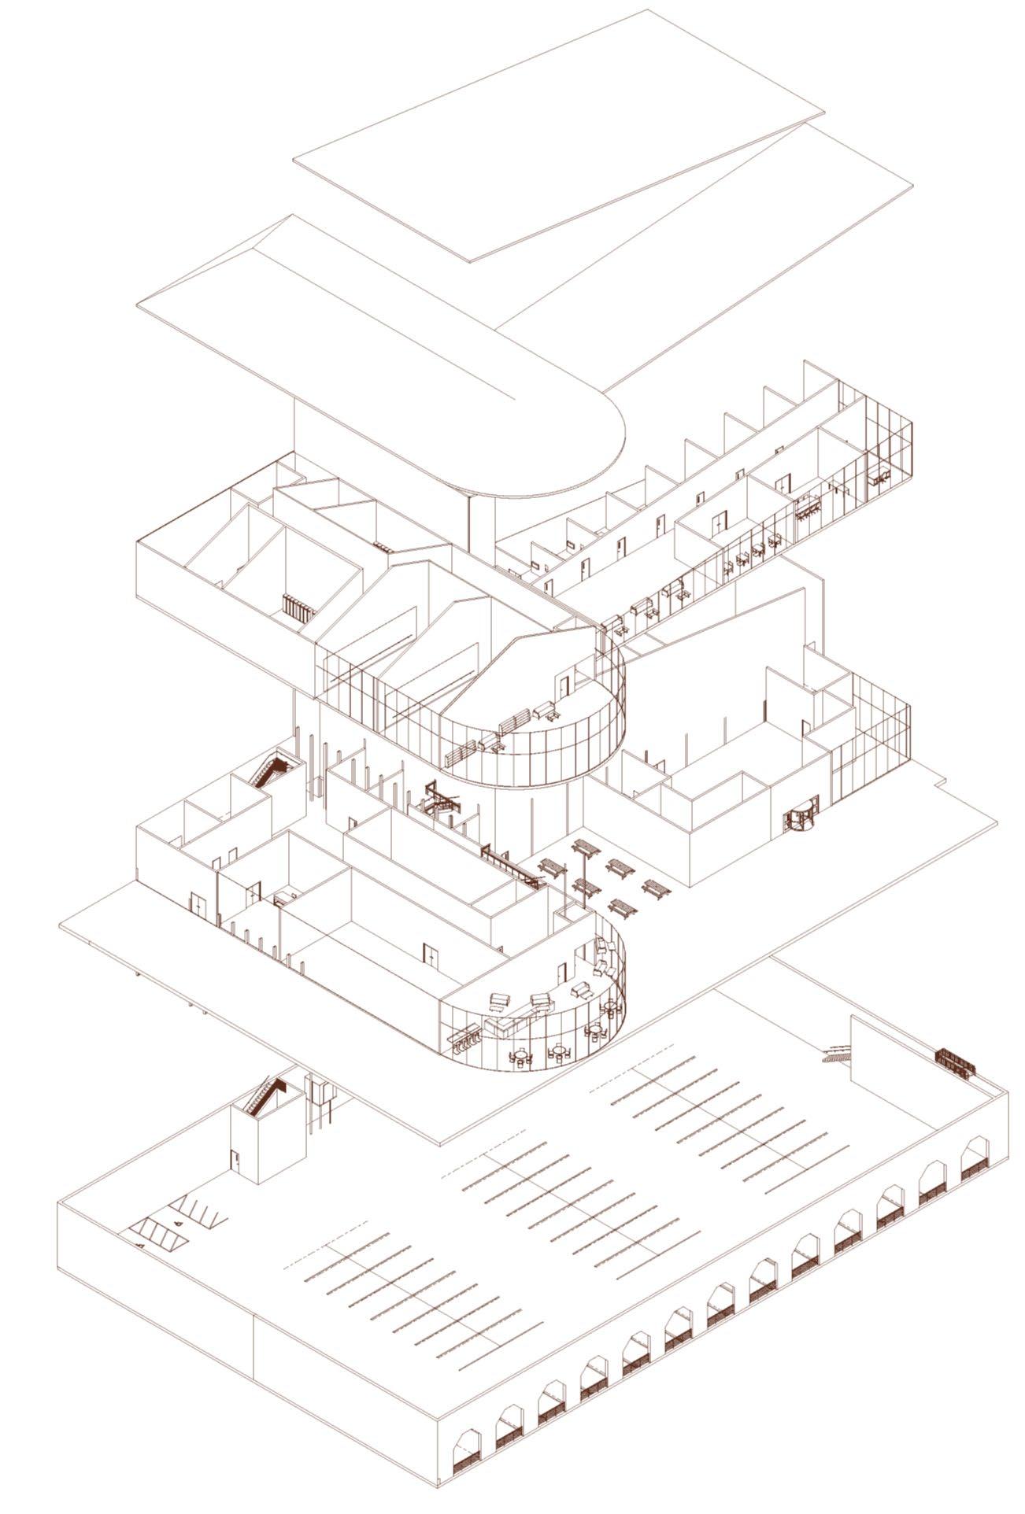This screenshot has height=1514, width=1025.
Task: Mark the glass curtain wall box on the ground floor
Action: [x=870, y=736]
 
